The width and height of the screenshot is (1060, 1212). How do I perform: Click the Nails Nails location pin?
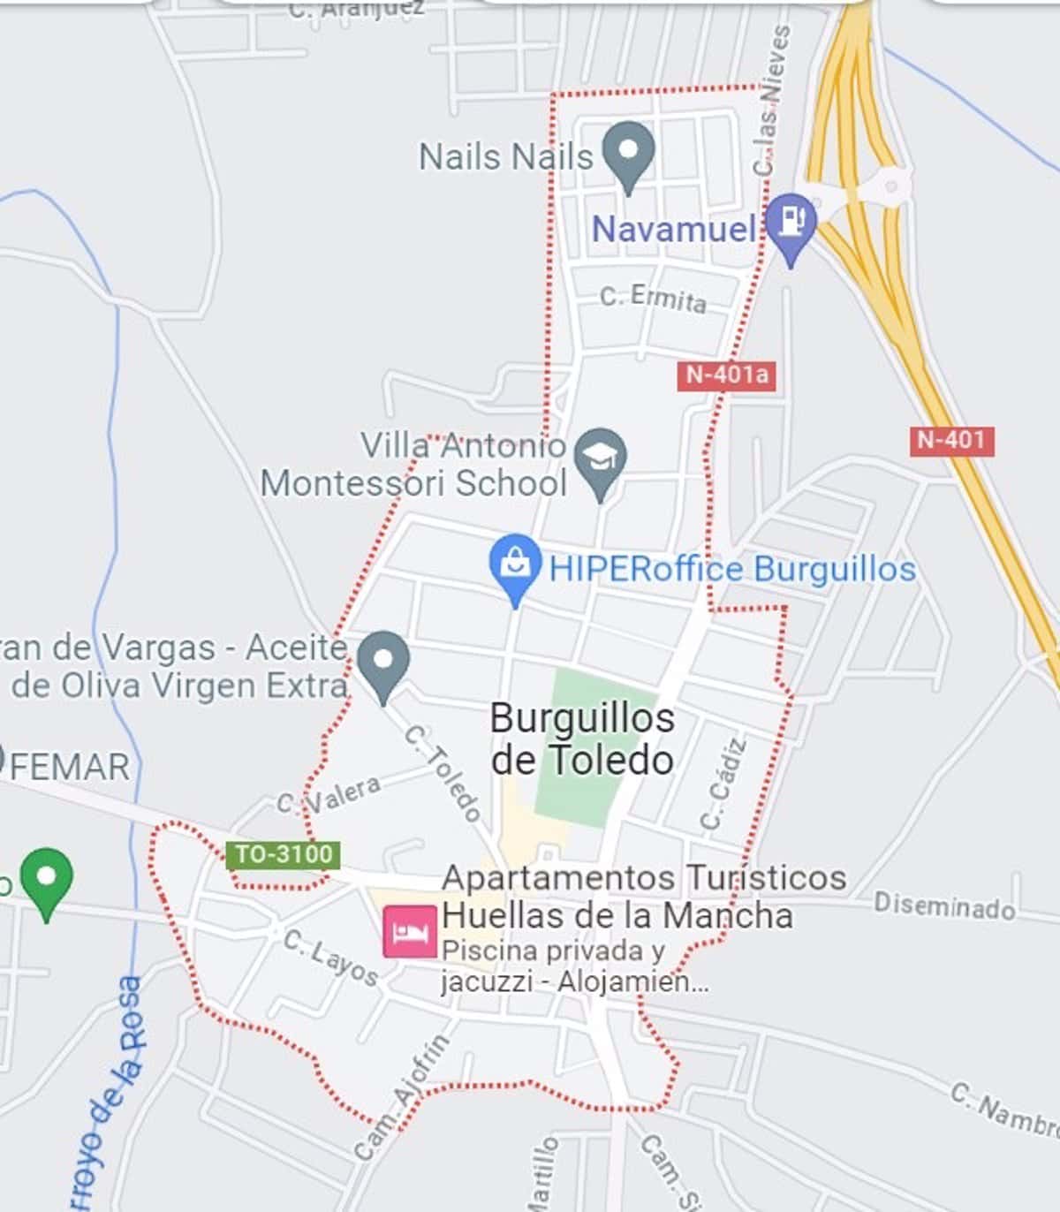(628, 154)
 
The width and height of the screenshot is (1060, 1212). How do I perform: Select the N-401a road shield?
(727, 375)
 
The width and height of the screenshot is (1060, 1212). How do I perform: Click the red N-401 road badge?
(951, 440)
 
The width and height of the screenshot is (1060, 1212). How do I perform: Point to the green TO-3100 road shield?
(283, 854)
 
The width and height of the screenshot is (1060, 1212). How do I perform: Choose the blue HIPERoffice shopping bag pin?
(515, 565)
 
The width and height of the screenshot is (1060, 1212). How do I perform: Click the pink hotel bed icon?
(410, 931)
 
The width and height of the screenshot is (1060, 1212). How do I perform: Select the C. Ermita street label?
(653, 299)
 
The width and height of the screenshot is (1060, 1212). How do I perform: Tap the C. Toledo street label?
(443, 773)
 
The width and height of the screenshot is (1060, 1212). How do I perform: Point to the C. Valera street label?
(329, 793)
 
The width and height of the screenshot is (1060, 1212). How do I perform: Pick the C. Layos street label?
(330, 958)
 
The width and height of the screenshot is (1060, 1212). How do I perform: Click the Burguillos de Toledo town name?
(582, 739)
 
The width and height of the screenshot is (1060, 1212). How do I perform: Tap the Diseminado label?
(943, 905)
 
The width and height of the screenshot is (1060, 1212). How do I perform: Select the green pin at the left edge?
(47, 880)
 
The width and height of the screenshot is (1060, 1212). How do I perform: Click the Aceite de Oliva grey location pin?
(383, 663)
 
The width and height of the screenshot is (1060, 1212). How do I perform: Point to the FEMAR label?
(69, 767)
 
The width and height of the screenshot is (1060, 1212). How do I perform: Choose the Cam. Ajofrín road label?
(402, 1097)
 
